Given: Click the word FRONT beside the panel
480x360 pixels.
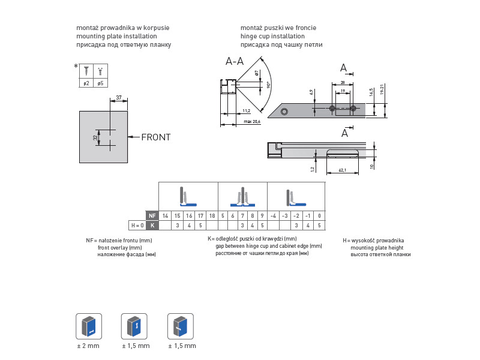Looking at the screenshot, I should [155, 137].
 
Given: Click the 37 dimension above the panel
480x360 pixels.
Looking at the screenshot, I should [119, 97].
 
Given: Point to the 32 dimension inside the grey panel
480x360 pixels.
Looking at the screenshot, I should [95, 137].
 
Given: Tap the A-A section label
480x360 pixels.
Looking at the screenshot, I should [235, 61].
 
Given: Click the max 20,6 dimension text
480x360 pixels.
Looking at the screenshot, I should [251, 122].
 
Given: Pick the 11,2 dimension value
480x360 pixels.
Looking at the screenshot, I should [247, 110].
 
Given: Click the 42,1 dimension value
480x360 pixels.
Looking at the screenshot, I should [342, 170].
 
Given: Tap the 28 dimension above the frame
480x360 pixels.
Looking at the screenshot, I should [342, 82].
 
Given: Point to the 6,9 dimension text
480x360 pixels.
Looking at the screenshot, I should [311, 92].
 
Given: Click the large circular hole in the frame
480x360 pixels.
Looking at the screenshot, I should [285, 111].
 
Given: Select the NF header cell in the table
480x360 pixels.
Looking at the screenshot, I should [152, 215].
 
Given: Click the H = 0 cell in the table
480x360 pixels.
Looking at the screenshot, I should [137, 226].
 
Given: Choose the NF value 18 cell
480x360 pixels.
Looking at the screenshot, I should [212, 215].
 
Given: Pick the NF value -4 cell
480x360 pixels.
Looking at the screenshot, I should [272, 215].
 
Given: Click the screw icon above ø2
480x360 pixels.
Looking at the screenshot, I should [86, 70].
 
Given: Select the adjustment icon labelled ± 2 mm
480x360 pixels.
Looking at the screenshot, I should [88, 326].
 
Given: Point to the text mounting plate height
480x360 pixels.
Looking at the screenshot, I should [377, 247].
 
